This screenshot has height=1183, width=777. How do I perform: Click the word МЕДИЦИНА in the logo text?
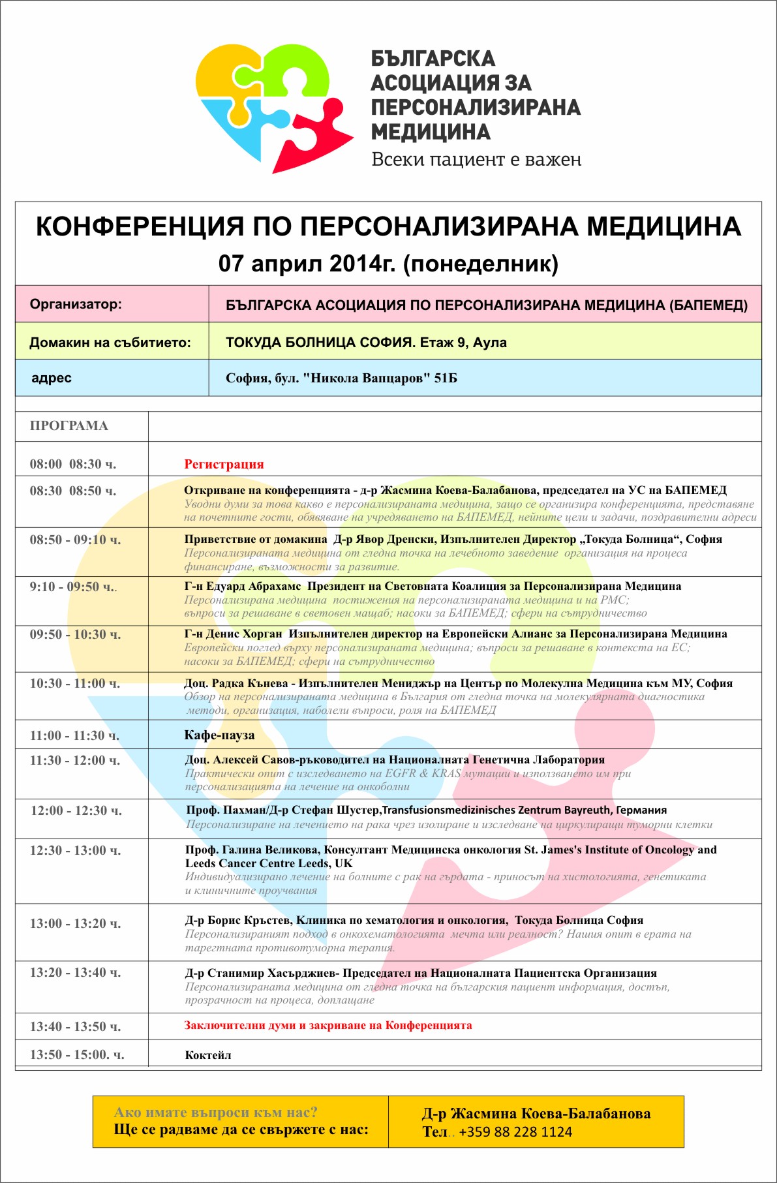click(431, 132)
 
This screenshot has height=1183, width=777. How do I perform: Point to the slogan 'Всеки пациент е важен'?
click(476, 160)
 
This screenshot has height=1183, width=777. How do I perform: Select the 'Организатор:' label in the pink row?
click(76, 304)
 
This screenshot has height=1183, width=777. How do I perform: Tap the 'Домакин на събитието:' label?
click(110, 343)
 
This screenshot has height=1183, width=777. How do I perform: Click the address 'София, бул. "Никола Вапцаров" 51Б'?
click(341, 378)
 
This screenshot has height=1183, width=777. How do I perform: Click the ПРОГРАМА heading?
click(69, 426)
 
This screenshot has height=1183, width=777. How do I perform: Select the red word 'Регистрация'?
click(224, 465)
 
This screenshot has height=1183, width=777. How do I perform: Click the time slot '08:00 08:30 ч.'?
click(73, 465)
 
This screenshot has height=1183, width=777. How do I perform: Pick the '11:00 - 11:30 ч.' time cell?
click(74, 735)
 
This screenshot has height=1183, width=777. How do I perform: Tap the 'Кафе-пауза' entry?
click(219, 735)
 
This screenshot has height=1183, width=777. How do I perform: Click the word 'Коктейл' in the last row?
click(208, 1055)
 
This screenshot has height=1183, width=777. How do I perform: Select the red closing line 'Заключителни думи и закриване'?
click(328, 1025)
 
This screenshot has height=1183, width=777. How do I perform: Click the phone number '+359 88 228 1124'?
click(515, 1132)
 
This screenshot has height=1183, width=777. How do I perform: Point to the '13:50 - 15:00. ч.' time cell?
click(77, 1054)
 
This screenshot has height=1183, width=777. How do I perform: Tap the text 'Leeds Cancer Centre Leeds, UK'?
click(269, 863)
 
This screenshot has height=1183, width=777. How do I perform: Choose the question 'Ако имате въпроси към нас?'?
click(215, 1113)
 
